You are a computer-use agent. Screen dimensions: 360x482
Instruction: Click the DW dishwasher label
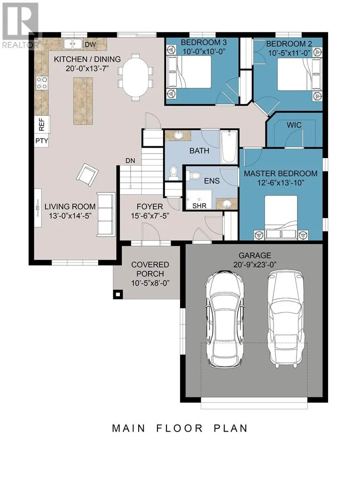[x=90, y=45]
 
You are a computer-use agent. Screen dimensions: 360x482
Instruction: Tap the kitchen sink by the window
[x=73, y=44]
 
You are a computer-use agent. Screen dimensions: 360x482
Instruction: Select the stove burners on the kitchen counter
[x=42, y=83]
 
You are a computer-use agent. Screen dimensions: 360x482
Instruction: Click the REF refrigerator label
[x=42, y=124]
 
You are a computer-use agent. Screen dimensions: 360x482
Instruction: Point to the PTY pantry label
[x=42, y=141]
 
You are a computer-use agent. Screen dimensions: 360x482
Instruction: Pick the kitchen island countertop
[x=83, y=101]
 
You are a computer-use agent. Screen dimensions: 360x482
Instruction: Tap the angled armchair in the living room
[x=87, y=174]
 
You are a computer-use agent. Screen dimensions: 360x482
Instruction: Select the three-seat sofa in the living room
[x=106, y=214]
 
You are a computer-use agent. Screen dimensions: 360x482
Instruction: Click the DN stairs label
[x=130, y=161]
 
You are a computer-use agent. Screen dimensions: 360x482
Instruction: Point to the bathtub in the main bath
[x=228, y=147]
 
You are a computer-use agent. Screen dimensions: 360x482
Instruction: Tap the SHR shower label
[x=199, y=206]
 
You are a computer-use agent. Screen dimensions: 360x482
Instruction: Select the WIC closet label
[x=294, y=125]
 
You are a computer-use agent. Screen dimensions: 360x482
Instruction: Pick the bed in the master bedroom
[x=281, y=217]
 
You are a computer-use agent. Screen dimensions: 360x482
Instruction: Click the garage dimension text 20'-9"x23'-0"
[x=255, y=265]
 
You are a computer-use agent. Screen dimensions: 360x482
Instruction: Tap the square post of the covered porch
[x=117, y=294]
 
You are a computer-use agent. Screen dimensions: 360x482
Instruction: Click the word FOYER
[x=150, y=207]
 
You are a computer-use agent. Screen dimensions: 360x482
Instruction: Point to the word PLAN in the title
[x=230, y=428]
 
